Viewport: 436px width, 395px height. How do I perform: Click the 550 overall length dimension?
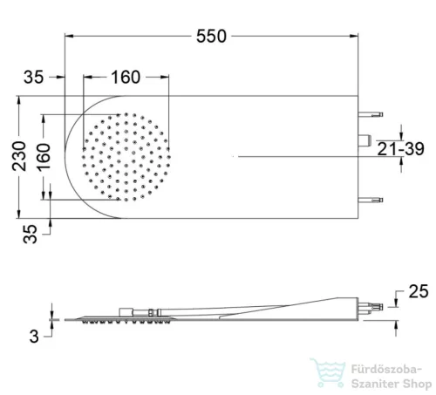point(211,37)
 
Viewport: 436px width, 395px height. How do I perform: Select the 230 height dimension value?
point(19,156)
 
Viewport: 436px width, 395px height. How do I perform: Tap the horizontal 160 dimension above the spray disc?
point(126,78)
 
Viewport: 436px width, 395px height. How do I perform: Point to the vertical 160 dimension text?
point(44,156)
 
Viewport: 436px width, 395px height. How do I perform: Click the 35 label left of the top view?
point(33,78)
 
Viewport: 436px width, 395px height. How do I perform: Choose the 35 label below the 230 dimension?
point(30,234)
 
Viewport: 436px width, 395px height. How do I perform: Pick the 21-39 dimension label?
point(400,149)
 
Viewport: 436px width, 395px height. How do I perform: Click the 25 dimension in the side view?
point(419,291)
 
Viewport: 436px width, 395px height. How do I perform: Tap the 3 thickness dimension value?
point(34,337)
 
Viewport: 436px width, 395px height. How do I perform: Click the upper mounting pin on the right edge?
point(371,114)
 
